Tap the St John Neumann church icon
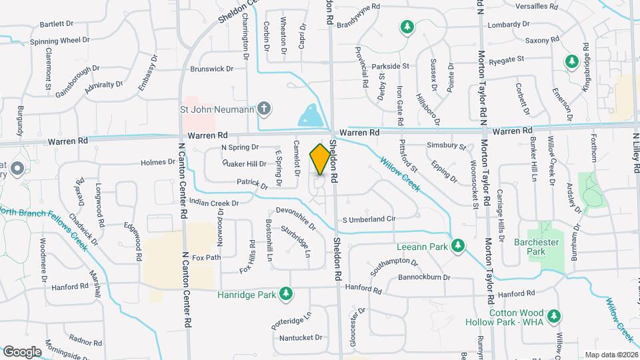click(264, 108)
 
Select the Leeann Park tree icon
click(457, 247)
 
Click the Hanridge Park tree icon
click(285, 293)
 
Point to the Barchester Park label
click(530, 247)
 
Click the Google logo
click(22, 351)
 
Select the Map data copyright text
click(611, 355)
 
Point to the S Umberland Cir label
click(369, 219)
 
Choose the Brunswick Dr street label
click(212, 69)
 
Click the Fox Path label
click(206, 257)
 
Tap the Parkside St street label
click(390, 66)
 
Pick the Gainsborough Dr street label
click(77, 78)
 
